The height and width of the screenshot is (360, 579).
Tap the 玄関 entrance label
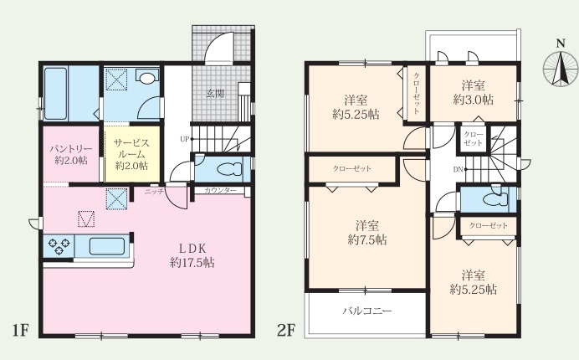coord(215,93)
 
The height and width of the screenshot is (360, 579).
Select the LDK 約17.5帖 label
coord(192,255)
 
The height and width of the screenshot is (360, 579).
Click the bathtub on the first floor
coord(56,93)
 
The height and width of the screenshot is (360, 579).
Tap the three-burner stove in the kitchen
coord(59,246)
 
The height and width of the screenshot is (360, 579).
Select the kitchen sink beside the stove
coord(107,246)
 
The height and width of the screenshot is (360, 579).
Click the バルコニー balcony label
coord(366,311)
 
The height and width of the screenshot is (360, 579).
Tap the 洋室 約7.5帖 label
coord(367,233)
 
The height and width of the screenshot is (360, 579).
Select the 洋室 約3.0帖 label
coord(473,93)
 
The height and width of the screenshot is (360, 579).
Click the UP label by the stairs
coord(185,139)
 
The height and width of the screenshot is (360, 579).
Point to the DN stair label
coord(458,170)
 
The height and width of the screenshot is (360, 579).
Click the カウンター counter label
coord(220,191)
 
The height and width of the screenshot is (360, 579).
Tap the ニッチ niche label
coord(154,192)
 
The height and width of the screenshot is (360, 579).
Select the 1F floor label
coord(20,330)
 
